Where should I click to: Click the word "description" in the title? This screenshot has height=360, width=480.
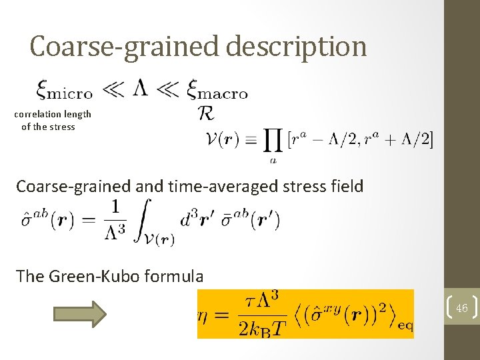tap(297, 47)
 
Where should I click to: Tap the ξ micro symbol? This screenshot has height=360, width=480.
tap(63, 90)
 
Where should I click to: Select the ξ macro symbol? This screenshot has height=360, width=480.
tap(218, 90)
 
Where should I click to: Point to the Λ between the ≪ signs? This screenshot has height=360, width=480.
tap(140, 89)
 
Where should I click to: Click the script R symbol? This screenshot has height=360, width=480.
tap(206, 114)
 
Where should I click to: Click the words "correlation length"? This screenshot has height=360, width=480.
tap(53, 114)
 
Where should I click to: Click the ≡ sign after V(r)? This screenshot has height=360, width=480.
tap(250, 141)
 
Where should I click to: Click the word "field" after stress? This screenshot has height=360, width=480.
tap(346, 186)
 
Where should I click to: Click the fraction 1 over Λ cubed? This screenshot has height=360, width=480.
tap(115, 219)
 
